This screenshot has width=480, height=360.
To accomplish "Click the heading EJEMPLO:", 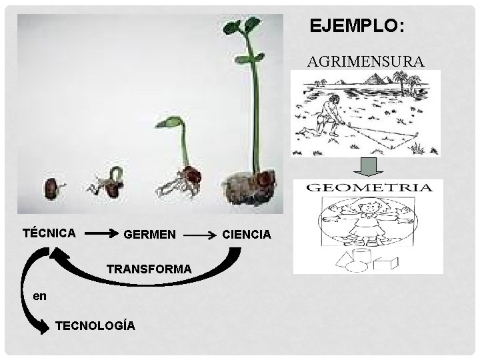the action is coord(356,26).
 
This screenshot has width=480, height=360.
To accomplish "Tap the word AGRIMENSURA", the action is coord(365,62).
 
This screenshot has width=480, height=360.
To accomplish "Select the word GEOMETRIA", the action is coord(369,187).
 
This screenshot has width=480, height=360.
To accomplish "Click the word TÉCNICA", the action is coord(49,233).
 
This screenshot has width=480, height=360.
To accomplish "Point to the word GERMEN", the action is coord(150,235).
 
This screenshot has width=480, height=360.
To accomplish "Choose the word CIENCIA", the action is coord(247,235).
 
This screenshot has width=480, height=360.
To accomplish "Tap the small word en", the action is coord(40,296).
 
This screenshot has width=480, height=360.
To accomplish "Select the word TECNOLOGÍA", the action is coord(96,326).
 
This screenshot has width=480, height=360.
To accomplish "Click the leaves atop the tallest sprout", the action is coord(241,27).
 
